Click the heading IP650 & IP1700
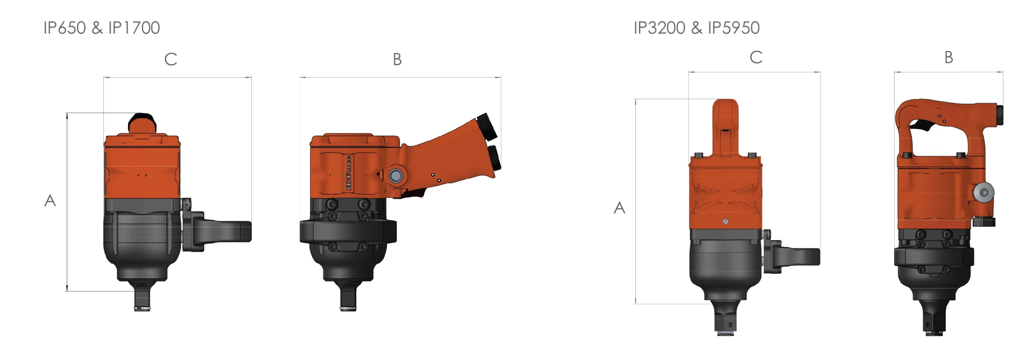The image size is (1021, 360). [x=101, y=28]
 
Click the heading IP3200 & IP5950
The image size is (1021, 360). [x=696, y=28]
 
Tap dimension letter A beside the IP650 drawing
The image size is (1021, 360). [x=50, y=201]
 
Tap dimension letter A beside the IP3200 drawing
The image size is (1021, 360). [x=619, y=208]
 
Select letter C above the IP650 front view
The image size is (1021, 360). [x=171, y=59]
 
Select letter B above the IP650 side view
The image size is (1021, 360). [x=397, y=59]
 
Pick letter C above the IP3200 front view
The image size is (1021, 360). [x=756, y=57]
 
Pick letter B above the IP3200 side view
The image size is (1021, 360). [x=948, y=57]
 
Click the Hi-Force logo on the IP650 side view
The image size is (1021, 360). [x=348, y=173]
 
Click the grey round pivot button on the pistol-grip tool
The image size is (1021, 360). [x=396, y=175]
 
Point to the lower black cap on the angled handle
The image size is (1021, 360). [x=495, y=158]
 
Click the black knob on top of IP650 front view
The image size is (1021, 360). [x=142, y=122]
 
